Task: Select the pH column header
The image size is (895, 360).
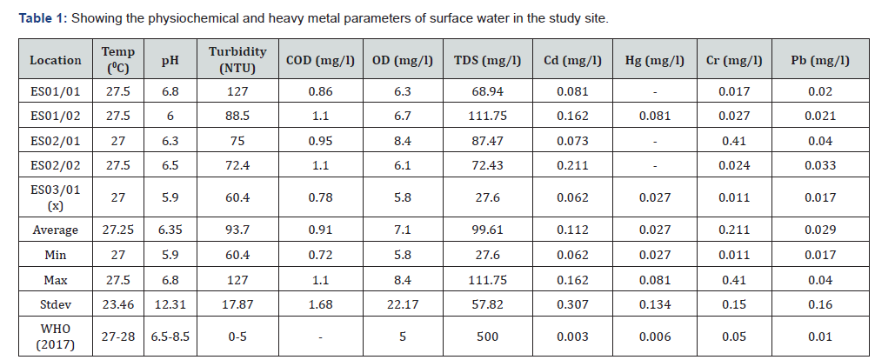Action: coord(170,60)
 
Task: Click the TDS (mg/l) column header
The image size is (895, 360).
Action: coord(487,60)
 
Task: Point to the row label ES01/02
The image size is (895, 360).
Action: coord(55,116)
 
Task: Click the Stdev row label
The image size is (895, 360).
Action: coord(55,304)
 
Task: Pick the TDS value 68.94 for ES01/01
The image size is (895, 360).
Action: coord(487,91)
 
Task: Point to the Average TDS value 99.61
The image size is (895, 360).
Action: coord(487,230)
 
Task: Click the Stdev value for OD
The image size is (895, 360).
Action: coord(404,304)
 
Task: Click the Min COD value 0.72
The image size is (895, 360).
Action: coord(317,255)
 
